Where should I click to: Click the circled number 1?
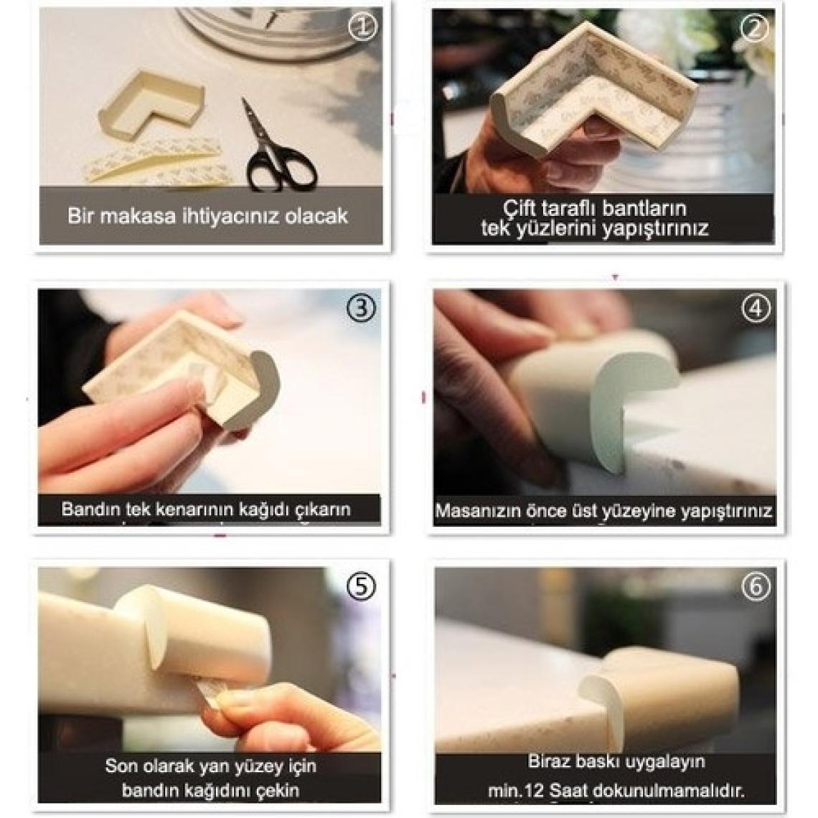click(362, 27)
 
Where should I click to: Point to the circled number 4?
click(756, 309)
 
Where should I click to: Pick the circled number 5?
click(361, 586)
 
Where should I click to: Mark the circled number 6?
click(756, 586)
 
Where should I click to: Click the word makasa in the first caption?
click(138, 216)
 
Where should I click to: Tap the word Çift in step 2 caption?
click(520, 208)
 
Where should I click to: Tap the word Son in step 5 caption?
click(121, 766)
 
